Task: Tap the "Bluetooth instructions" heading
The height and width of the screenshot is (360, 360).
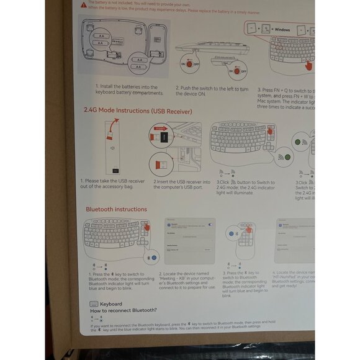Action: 116,209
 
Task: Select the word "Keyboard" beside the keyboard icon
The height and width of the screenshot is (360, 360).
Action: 110,304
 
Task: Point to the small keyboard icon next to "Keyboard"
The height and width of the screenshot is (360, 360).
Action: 94,304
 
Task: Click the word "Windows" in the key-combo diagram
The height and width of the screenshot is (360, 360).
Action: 282,30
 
